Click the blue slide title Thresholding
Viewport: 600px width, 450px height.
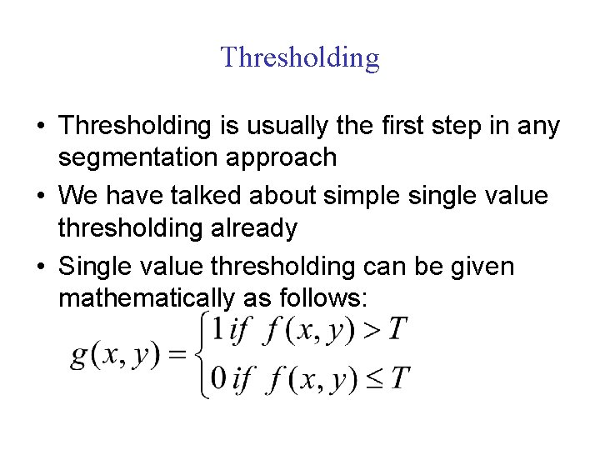pos(300,57)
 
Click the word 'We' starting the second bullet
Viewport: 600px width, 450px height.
pos(79,197)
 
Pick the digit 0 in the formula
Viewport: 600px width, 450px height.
pos(218,380)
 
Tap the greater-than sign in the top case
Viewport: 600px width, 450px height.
pos(372,331)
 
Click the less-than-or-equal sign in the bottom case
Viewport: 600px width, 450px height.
pos(372,380)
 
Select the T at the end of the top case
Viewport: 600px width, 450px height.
pos(397,331)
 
